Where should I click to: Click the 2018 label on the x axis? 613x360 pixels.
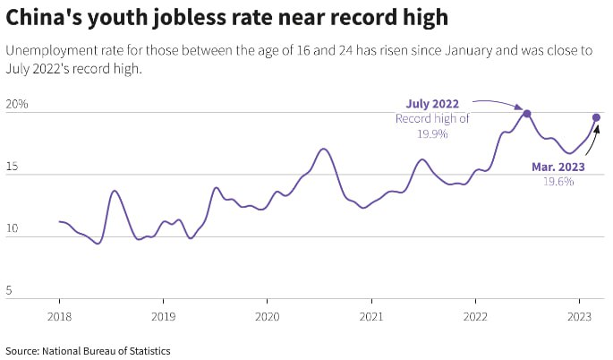[59, 316]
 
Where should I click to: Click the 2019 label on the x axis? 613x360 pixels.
[163, 316]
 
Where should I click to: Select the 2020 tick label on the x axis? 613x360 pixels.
[268, 316]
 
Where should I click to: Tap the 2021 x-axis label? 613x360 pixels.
[371, 316]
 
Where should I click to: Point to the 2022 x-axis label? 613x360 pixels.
[475, 316]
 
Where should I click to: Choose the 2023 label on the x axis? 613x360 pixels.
[579, 316]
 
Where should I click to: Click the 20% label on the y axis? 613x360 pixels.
[17, 104]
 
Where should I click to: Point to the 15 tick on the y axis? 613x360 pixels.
[12, 167]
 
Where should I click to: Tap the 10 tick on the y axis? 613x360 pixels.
[12, 229]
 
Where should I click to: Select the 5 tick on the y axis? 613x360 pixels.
[9, 291]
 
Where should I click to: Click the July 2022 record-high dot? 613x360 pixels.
[527, 114]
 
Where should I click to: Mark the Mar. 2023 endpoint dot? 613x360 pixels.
[596, 117]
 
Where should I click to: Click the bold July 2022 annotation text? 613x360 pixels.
[432, 104]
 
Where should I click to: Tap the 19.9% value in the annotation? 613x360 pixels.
[432, 133]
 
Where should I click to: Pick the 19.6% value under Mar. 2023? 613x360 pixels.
[558, 181]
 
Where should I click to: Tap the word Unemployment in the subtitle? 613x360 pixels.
[50, 51]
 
